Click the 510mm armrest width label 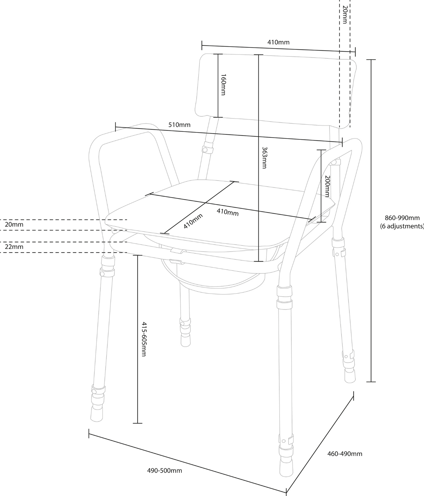tap(179, 125)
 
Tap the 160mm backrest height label tap(223, 85)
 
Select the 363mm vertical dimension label tap(264, 158)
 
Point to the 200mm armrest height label tap(327, 186)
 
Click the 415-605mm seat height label tap(144, 339)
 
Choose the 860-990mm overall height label tap(402, 218)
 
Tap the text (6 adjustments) tap(402, 226)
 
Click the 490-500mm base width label tap(165, 471)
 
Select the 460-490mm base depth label tap(345, 454)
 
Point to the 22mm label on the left tap(14, 247)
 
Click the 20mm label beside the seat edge tap(14, 225)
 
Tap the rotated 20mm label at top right tap(345, 14)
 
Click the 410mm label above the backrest tap(278, 42)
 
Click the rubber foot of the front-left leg tap(96, 414)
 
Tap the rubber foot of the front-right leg tap(286, 466)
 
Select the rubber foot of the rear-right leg tap(350, 376)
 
